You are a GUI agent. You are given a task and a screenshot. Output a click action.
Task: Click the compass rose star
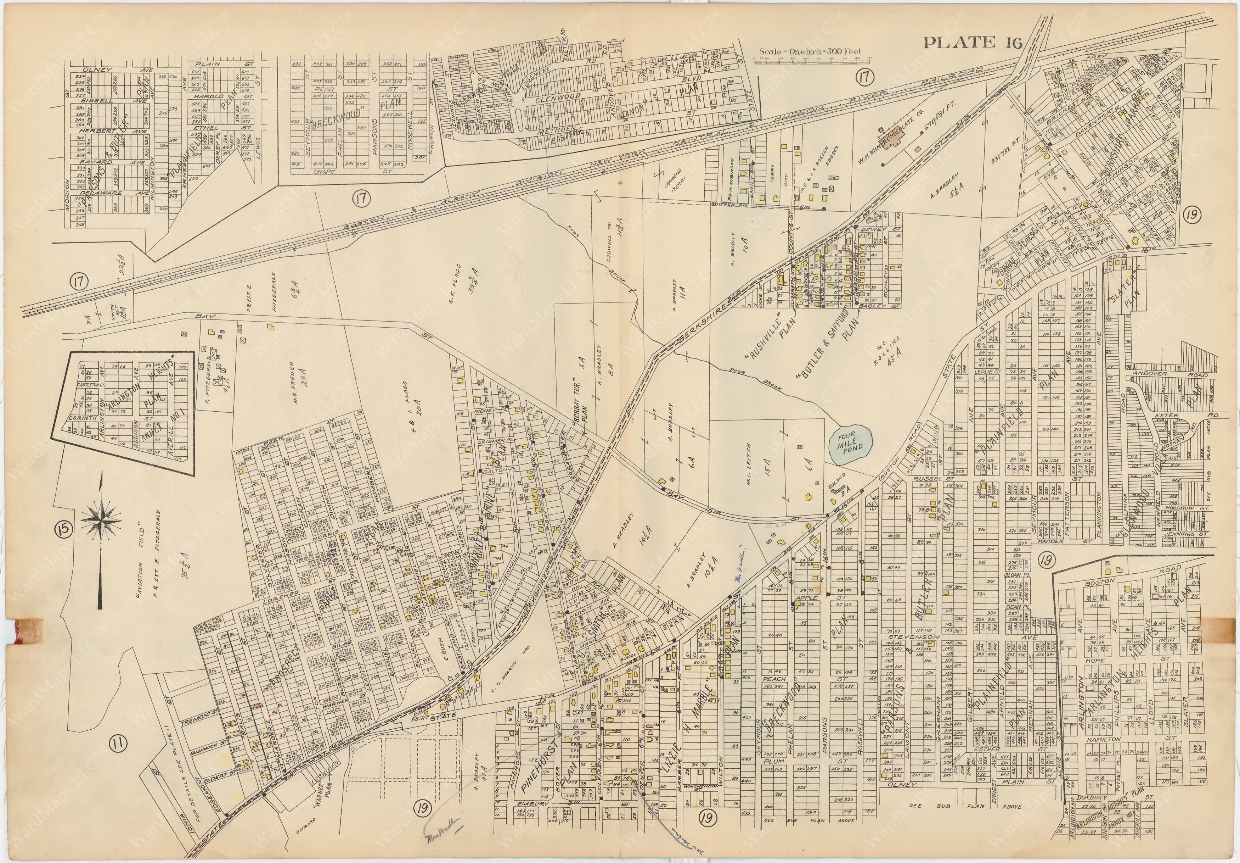(x=101, y=520)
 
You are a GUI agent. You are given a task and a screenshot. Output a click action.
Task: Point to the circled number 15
(x=63, y=529)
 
